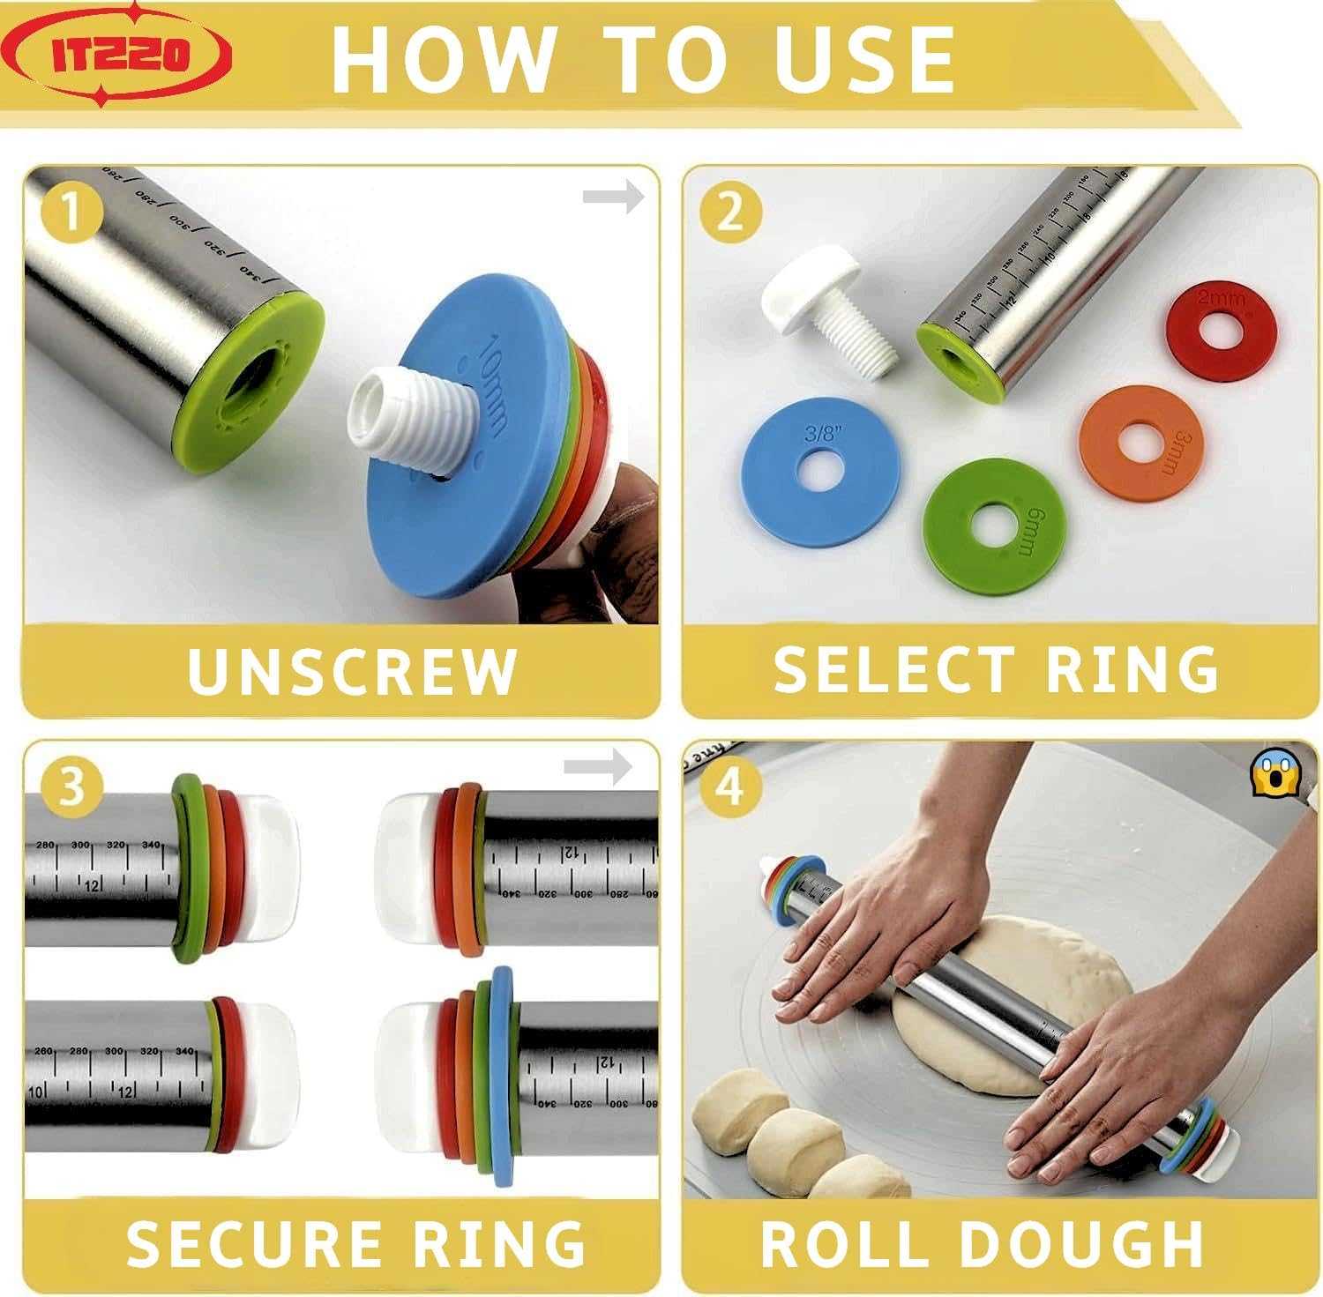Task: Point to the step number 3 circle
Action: [72, 785]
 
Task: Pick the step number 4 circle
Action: [729, 785]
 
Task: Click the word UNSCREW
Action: [351, 672]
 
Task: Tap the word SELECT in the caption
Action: [892, 670]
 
